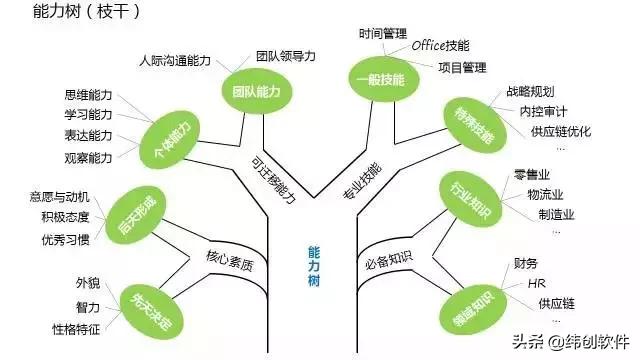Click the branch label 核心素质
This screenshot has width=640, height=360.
point(230,265)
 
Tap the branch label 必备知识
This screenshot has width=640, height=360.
point(388,261)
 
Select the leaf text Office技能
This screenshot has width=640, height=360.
point(446,45)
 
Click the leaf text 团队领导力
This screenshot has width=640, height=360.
point(286,56)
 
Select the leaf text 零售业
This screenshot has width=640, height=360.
point(532,173)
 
